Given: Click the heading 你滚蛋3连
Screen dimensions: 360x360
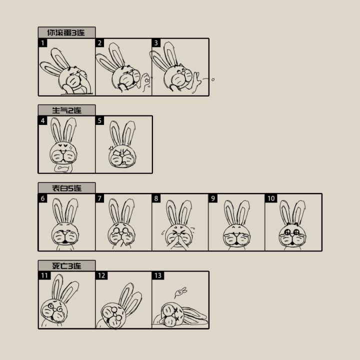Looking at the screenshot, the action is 66,32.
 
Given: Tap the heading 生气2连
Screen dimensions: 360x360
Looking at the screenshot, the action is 66,110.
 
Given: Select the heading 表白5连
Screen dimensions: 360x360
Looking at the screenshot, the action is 66,188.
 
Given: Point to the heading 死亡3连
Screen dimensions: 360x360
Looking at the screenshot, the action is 66,266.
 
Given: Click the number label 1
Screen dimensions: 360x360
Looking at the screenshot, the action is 42,43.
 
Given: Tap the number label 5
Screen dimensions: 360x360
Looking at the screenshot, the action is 99,120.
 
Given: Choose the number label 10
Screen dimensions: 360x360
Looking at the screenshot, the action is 271,198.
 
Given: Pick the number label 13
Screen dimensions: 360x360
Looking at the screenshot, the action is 158,275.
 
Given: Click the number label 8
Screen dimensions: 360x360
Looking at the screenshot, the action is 156,198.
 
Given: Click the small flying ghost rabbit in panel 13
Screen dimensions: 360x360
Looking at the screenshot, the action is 180,292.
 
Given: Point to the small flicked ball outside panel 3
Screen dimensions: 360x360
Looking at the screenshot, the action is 213,79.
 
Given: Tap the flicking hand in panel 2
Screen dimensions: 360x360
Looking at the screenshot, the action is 145,82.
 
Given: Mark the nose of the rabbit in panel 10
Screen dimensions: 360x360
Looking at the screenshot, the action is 292,235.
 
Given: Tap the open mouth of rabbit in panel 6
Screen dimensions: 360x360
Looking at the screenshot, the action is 65,241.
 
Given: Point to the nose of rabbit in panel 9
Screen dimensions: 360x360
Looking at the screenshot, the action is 236,234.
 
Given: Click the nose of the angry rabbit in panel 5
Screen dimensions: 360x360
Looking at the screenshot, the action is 122,155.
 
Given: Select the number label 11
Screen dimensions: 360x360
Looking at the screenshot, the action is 44,275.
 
